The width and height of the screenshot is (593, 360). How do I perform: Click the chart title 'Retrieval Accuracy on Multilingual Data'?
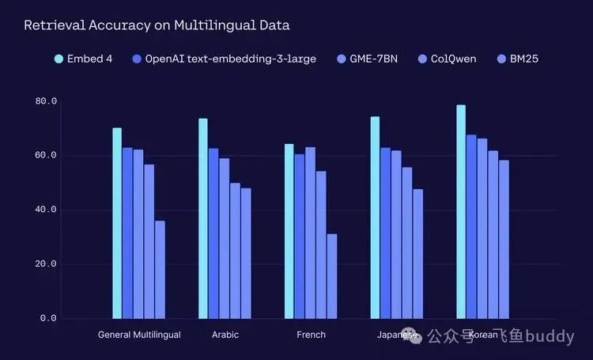157,25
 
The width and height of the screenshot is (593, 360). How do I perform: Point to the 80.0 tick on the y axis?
46,101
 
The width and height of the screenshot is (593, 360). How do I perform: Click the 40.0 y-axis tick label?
46,210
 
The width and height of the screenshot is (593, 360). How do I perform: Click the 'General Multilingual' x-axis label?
139,335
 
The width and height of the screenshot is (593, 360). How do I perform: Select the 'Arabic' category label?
225,335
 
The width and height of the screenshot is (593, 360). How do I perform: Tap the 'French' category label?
311,335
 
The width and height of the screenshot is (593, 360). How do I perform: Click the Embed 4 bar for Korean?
461,212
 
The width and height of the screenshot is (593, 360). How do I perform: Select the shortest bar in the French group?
332,276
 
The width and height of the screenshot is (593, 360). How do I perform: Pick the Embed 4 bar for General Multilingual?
117,223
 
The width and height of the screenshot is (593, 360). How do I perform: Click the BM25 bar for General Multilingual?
160,269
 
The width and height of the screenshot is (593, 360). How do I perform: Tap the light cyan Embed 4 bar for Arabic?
203,218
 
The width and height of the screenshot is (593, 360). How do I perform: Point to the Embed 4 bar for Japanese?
375,218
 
